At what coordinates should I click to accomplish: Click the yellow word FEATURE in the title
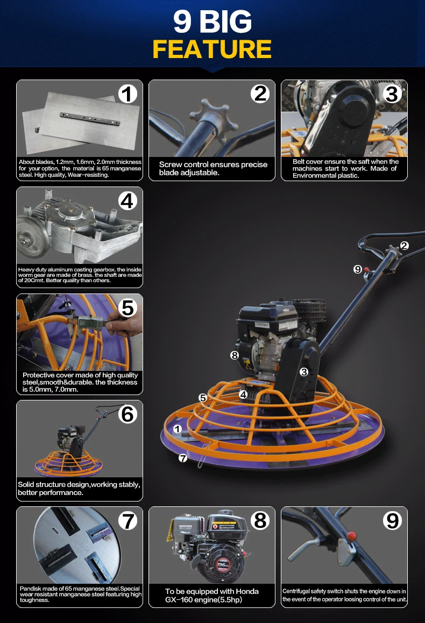pyautogui.click(x=212, y=49)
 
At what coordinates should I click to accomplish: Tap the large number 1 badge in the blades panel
pyautogui.click(x=127, y=94)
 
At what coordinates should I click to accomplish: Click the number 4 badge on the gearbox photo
pyautogui.click(x=127, y=201)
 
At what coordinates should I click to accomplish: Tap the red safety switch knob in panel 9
pyautogui.click(x=351, y=535)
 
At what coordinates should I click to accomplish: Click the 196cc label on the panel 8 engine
pyautogui.click(x=223, y=564)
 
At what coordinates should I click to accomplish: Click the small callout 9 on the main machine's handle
pyautogui.click(x=358, y=269)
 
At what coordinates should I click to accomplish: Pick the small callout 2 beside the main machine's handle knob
pyautogui.click(x=405, y=246)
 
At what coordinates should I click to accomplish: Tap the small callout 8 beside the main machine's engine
pyautogui.click(x=235, y=355)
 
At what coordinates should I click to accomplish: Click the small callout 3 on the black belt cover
pyautogui.click(x=304, y=372)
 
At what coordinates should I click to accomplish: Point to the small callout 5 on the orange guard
pyautogui.click(x=203, y=398)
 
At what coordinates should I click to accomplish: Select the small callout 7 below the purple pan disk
pyautogui.click(x=182, y=458)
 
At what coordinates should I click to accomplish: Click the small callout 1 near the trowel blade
pyautogui.click(x=178, y=429)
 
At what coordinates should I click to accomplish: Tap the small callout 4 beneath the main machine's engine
pyautogui.click(x=243, y=395)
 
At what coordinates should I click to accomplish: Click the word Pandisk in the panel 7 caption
pyautogui.click(x=31, y=589)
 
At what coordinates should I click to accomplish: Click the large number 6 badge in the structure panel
pyautogui.click(x=127, y=414)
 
